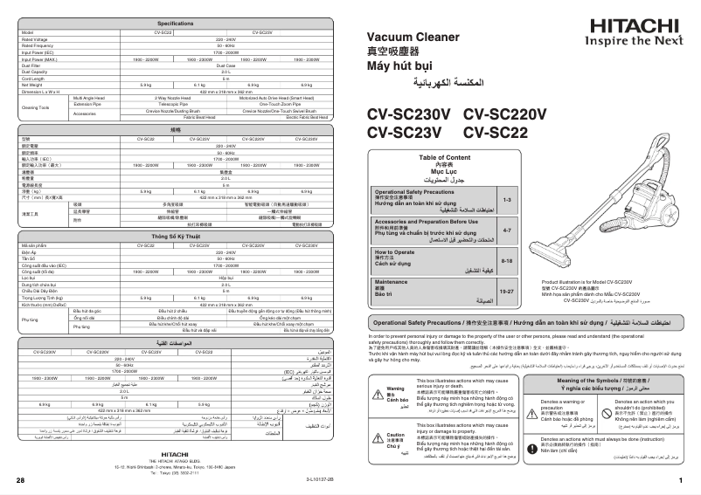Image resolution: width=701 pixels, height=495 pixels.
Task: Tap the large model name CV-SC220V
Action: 504,114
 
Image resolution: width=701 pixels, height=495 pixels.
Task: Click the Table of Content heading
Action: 445,157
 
